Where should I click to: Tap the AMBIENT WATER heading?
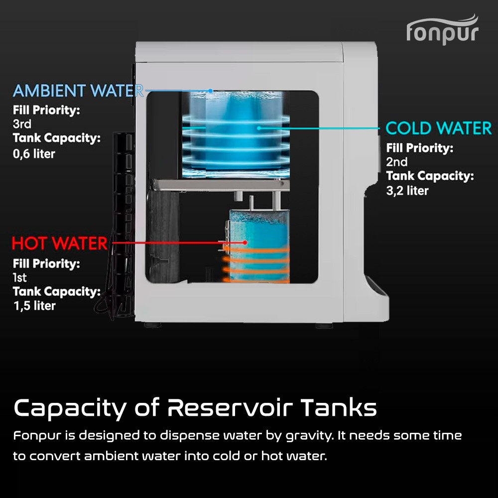point(78,91)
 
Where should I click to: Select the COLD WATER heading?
point(438,128)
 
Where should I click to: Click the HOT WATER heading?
point(59,244)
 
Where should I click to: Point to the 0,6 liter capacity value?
point(34,154)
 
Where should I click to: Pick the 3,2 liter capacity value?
point(407,190)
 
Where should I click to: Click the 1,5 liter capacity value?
point(34,305)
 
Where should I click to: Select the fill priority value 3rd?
point(22,124)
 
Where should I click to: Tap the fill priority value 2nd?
point(396,162)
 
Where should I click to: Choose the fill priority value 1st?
point(20,277)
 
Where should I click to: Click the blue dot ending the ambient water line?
point(211,91)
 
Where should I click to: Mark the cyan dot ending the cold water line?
point(259,128)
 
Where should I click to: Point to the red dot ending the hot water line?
point(245,243)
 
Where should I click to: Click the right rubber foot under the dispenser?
point(324,325)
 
